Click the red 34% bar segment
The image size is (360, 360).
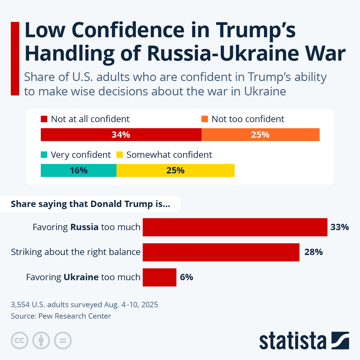[x=121, y=134]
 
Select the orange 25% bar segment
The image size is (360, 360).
[x=260, y=134]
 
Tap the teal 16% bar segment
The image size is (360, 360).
[x=79, y=170]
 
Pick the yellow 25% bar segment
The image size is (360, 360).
[x=175, y=170]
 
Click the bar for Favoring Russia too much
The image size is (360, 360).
[x=235, y=227]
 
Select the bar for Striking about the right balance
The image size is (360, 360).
[x=221, y=252]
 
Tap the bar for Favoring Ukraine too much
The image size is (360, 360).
[x=159, y=277]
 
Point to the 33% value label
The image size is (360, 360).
[x=340, y=227]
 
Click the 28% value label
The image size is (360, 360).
[x=313, y=252]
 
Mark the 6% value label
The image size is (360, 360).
[x=186, y=277]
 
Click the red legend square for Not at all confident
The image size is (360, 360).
[x=44, y=119]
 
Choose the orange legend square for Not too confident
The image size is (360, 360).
[x=205, y=119]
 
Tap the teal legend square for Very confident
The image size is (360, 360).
[x=44, y=155]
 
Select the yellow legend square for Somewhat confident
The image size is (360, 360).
[x=120, y=155]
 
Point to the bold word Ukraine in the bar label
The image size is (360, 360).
[x=81, y=277]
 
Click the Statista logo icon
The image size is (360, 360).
[x=340, y=340]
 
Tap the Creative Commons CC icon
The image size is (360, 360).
[x=19, y=340]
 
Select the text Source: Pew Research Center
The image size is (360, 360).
[x=61, y=316]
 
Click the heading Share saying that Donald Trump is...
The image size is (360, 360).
[x=90, y=204]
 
